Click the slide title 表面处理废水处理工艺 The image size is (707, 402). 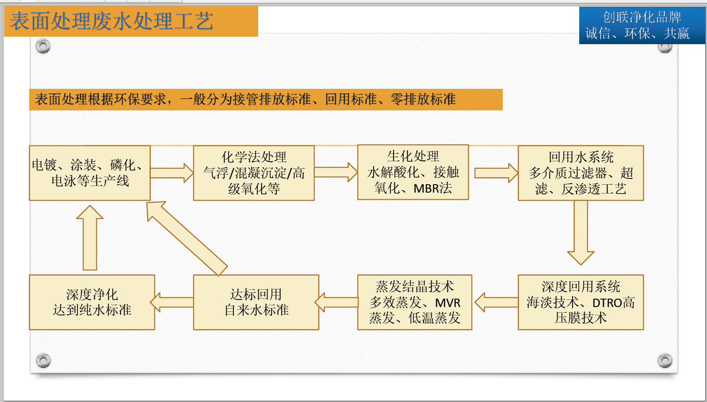tap(111, 21)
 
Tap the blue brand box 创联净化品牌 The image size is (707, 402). tap(642, 25)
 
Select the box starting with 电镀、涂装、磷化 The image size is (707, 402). tap(90, 173)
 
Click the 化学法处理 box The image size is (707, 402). tap(254, 173)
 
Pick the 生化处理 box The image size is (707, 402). tap(413, 172)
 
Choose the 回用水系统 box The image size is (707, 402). tap(581, 173)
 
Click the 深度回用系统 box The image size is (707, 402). tap(581, 302)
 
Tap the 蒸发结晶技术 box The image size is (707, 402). tap(415, 302)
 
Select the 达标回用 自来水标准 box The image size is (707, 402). tap(256, 302)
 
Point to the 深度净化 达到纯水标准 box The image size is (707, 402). tap(92, 302)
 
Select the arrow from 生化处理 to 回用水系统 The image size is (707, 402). tap(496, 173)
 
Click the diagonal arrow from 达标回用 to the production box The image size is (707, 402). tap(187, 239)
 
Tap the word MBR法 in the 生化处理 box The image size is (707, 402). tap(432, 189)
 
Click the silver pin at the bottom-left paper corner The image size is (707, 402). tap(43, 360)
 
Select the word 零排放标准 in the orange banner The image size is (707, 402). tap(423, 99)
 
